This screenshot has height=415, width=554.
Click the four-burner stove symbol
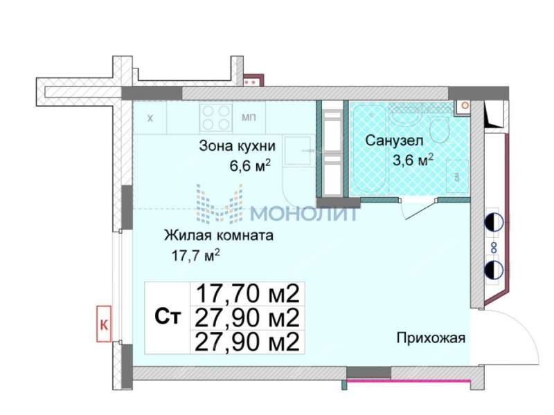click(x=216, y=117)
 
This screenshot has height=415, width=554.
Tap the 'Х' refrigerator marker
click(x=150, y=118)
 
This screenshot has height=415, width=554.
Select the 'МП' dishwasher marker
click(x=249, y=118)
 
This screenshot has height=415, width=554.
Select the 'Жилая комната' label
click(x=219, y=235)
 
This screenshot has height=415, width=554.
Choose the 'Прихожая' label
click(x=430, y=338)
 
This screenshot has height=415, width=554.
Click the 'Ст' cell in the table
click(x=167, y=317)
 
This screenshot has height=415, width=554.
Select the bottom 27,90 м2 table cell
click(x=247, y=341)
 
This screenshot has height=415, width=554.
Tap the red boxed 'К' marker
click(x=104, y=324)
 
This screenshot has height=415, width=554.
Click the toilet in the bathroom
click(x=439, y=129)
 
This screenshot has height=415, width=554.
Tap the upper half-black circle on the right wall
click(x=493, y=223)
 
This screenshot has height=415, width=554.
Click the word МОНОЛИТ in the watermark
click(x=303, y=213)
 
